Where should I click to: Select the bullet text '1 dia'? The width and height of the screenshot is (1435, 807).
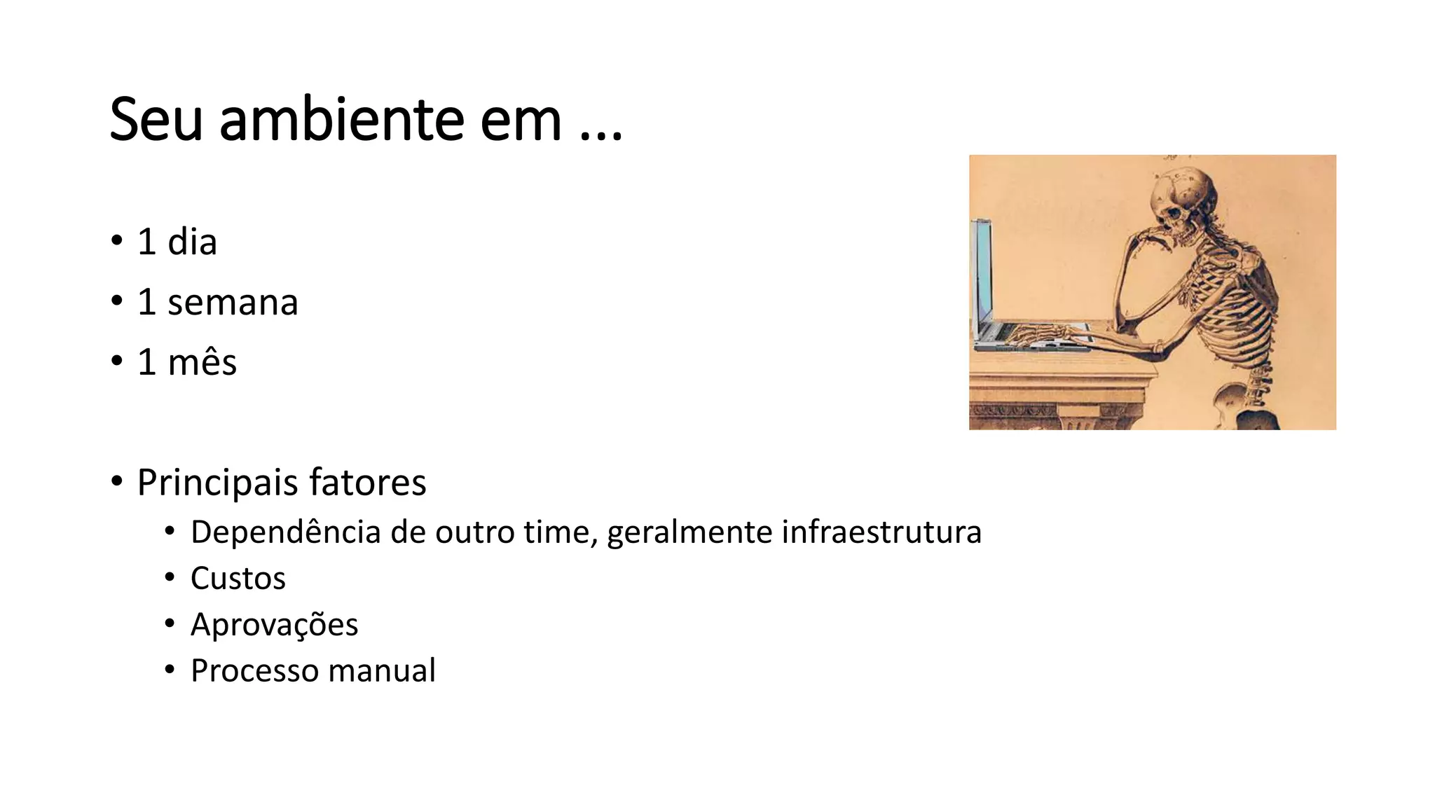click(x=177, y=242)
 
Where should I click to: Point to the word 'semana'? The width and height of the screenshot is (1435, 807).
click(x=233, y=303)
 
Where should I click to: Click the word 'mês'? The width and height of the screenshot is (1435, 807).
click(x=202, y=363)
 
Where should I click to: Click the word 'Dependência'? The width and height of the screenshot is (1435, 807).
click(x=286, y=532)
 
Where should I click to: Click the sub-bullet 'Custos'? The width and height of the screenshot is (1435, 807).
click(x=238, y=579)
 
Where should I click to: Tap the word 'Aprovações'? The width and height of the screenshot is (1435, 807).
click(x=274, y=625)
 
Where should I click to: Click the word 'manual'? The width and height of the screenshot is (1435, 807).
click(x=382, y=670)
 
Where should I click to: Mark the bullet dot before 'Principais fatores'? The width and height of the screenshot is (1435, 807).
click(x=116, y=482)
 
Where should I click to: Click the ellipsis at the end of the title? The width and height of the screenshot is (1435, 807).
click(x=601, y=136)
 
